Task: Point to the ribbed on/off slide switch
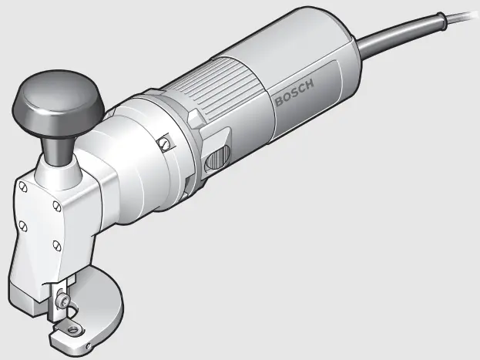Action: click(x=217, y=157)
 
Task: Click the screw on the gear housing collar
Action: click(x=163, y=143)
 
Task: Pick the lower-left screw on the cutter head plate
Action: click(x=23, y=225)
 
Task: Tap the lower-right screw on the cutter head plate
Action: click(x=56, y=245)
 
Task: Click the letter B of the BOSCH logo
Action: click(x=278, y=102)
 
